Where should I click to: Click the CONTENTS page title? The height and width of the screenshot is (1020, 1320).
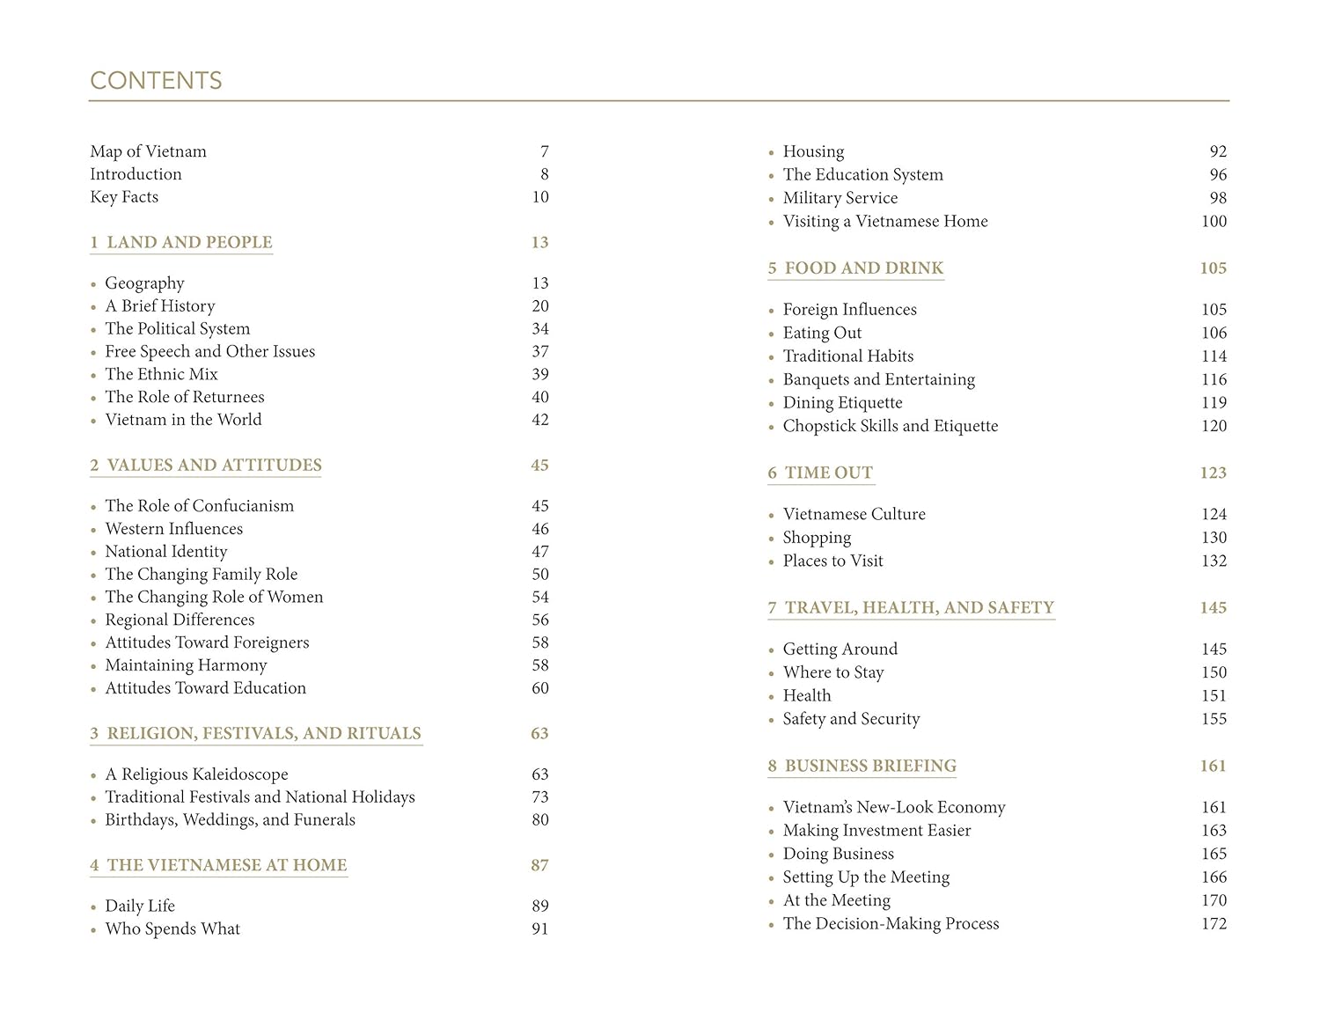pos(156,81)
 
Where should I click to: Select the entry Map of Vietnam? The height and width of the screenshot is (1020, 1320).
pos(148,151)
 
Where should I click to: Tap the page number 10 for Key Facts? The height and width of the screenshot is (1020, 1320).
pos(540,197)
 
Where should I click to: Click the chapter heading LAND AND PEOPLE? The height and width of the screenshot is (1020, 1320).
pos(189,242)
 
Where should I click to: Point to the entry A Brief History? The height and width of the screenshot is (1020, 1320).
pos(160,306)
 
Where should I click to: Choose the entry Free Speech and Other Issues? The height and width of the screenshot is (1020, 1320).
pos(209,352)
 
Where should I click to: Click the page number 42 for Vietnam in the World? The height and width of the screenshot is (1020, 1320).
pos(540,420)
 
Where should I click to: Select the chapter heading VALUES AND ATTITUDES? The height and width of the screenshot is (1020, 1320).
pos(214,465)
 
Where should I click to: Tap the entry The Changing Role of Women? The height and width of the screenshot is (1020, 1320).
pos(214,597)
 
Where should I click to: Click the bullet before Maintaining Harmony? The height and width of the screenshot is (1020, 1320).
pos(93,666)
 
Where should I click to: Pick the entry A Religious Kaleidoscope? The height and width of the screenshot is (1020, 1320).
pos(196,774)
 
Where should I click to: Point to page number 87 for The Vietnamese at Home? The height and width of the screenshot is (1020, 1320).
pos(539,865)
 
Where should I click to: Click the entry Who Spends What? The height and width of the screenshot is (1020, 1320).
pos(172,928)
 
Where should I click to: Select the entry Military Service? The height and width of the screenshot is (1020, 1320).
pos(840,198)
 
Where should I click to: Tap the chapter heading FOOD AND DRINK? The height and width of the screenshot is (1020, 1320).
pos(863,268)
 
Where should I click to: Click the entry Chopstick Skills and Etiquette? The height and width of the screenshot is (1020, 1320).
pos(891,426)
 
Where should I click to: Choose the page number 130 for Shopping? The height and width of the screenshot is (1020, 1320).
pos(1214,538)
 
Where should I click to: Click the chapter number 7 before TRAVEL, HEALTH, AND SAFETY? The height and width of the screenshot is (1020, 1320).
pos(772,607)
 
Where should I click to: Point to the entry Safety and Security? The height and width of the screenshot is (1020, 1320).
pos(851,719)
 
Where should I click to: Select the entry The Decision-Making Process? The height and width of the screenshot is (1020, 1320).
pos(891,924)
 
